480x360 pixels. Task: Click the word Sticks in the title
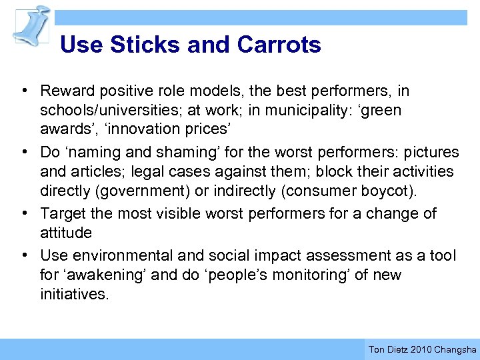pos(146,45)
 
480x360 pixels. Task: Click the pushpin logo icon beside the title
pos(32,25)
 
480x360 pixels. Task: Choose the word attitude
pos(65,233)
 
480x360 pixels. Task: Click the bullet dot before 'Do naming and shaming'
pos(23,153)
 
